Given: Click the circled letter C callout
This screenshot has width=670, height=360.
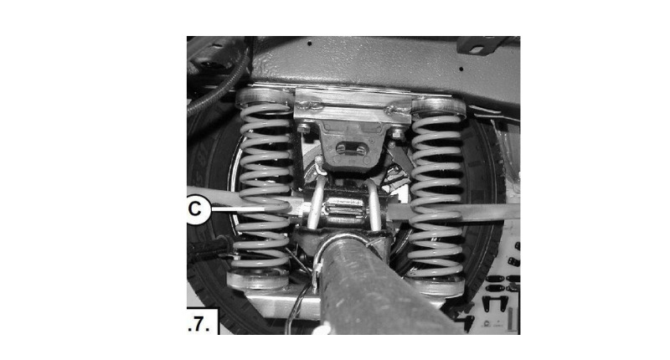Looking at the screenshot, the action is click(197, 209).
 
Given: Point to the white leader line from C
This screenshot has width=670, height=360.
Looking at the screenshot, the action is click(238, 208).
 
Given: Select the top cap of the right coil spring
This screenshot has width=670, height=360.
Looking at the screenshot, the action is click(438, 105).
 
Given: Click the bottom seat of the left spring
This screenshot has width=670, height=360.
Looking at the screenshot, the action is click(258, 280).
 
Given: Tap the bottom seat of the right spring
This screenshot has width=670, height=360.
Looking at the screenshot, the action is click(435, 287).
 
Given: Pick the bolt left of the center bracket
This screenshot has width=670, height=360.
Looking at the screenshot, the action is click(304, 128).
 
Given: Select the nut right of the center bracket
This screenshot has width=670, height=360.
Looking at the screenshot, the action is click(397, 133).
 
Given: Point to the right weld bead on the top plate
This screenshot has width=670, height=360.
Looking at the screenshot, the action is click(395, 110).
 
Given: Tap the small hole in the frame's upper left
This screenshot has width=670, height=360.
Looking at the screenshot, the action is click(310, 44).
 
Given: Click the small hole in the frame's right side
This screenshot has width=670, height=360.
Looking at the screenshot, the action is click(461, 69).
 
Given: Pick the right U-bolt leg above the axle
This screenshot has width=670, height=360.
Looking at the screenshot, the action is click(374, 203).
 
